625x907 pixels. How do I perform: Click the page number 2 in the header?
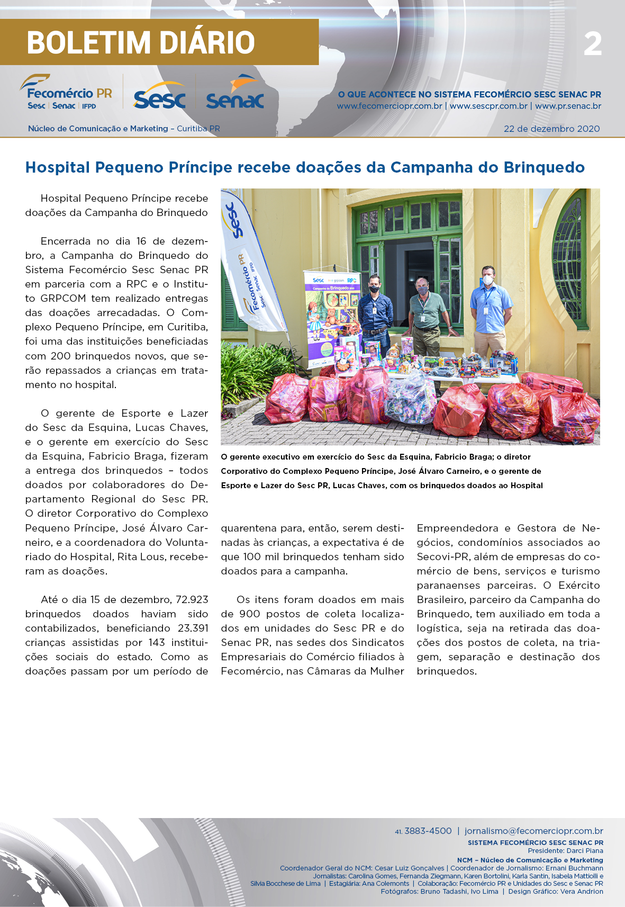click(x=593, y=44)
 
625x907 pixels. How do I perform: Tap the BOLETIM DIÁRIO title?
click(x=141, y=43)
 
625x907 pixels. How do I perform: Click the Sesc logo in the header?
click(x=159, y=96)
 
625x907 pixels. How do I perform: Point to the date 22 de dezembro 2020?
click(x=551, y=129)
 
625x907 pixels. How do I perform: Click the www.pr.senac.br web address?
click(x=568, y=106)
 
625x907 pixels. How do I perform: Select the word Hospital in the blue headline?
click(x=58, y=167)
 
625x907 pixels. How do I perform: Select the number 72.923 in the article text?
click(x=192, y=600)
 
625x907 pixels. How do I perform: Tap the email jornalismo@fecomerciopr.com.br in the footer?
click(x=533, y=831)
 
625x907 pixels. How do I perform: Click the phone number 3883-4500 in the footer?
click(x=428, y=831)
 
